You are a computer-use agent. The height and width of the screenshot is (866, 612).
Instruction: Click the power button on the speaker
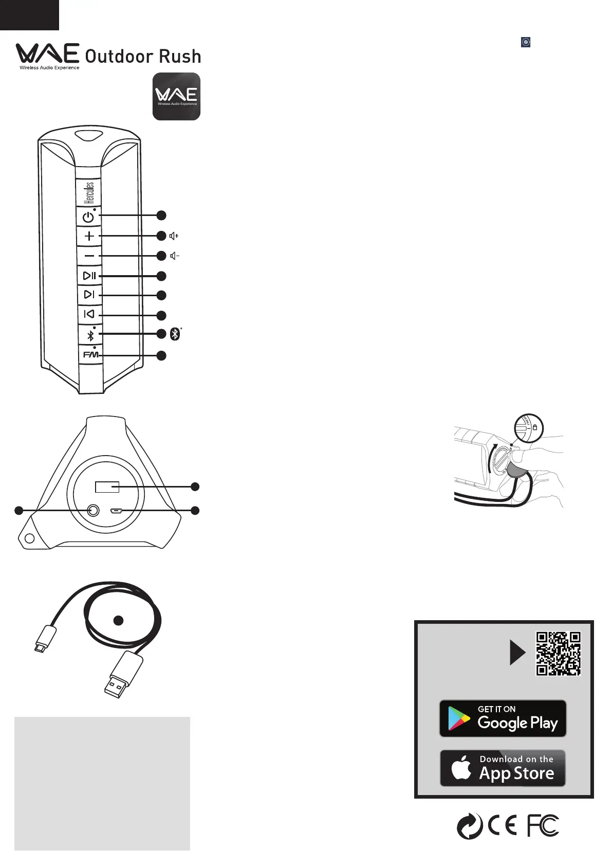click(88, 217)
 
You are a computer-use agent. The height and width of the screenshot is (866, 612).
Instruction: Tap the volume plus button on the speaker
click(89, 236)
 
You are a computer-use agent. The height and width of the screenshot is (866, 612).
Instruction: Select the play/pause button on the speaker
click(89, 276)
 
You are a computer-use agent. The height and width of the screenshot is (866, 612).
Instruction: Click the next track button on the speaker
click(89, 295)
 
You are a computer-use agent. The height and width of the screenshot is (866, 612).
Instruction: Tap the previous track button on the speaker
click(89, 314)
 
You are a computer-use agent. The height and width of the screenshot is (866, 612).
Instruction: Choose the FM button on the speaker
click(90, 355)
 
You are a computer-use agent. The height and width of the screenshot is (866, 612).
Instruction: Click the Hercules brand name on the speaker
click(89, 192)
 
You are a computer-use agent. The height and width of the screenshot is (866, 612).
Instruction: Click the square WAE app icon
click(176, 97)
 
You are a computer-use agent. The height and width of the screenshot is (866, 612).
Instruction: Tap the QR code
click(558, 653)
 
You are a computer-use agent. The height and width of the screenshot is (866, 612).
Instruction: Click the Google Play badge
click(503, 718)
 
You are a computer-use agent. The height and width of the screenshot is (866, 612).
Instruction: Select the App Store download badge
click(503, 768)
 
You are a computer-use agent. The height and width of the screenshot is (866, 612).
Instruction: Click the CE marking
click(502, 826)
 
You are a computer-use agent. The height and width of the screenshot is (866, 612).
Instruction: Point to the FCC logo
click(543, 826)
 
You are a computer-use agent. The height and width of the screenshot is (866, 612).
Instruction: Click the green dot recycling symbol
click(470, 826)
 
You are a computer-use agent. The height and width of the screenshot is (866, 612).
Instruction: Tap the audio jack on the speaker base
click(93, 510)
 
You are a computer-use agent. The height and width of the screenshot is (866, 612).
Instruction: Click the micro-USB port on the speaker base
click(116, 511)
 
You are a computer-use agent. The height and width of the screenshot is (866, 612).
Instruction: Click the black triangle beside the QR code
click(517, 653)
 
